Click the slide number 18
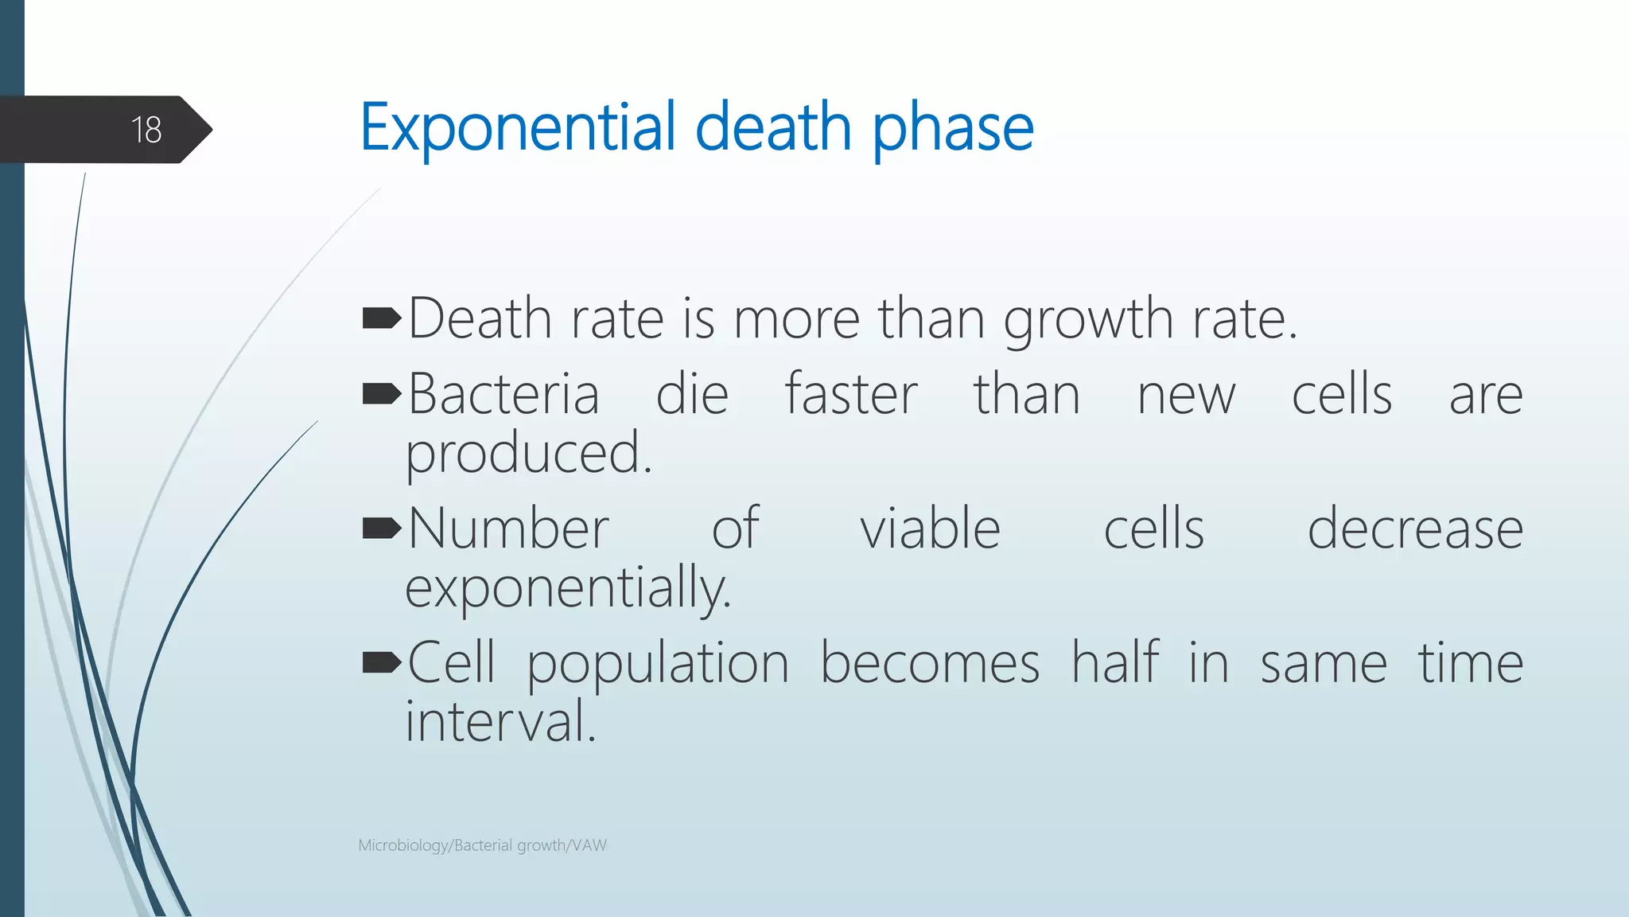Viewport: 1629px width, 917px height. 146,130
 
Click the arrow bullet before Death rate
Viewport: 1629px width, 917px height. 382,319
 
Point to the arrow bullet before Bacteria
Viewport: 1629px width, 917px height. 382,394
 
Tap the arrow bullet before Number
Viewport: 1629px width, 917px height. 382,529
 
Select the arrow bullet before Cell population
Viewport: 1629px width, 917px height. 382,662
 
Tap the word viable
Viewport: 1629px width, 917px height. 930,529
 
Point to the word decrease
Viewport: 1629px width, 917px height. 1415,529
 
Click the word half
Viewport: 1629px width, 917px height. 1115,662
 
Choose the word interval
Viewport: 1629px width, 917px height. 500,721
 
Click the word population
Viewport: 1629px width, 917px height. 658,664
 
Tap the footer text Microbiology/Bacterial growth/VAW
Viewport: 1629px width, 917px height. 482,845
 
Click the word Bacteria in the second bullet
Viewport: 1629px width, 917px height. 503,394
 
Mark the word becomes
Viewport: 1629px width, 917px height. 929,662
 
